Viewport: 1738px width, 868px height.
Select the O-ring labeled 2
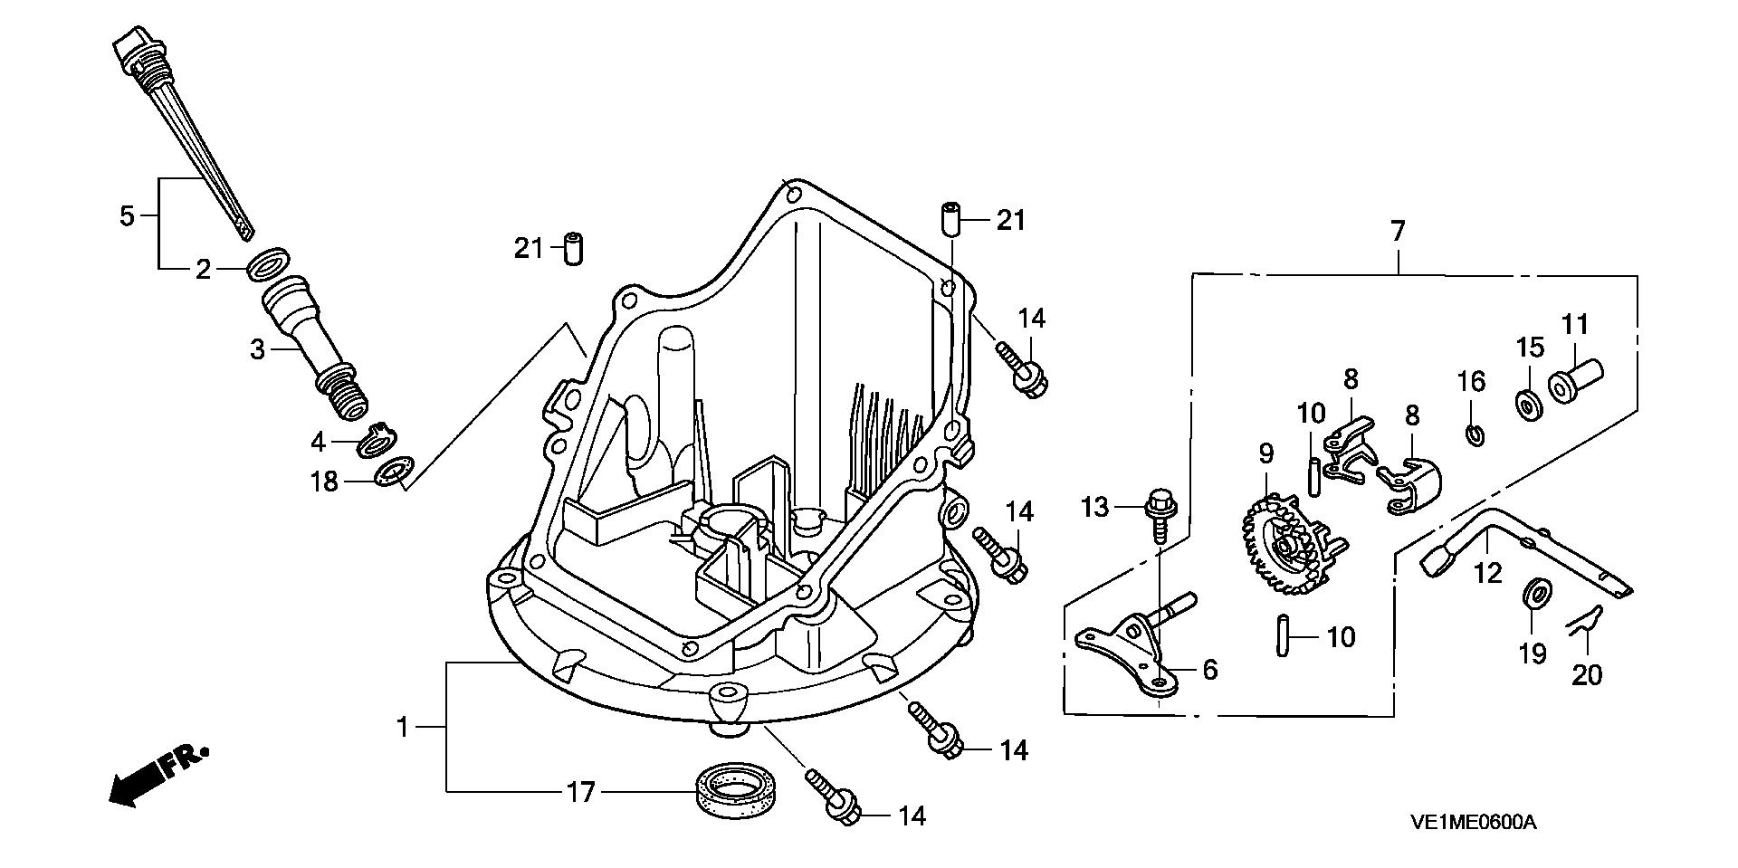point(268,262)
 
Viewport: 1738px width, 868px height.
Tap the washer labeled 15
point(1530,405)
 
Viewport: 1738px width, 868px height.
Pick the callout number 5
point(127,216)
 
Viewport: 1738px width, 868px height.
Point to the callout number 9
point(1265,451)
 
